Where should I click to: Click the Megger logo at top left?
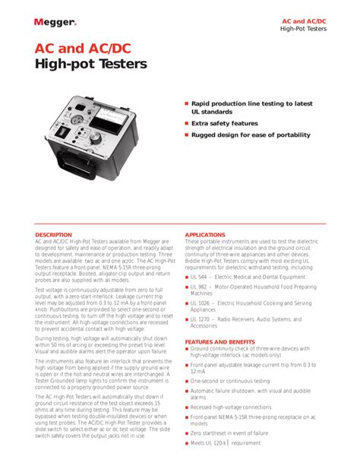click(55, 22)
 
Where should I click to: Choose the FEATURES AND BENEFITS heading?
click(219, 342)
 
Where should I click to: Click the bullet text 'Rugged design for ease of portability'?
click(251, 135)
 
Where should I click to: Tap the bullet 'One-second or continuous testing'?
click(231, 381)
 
